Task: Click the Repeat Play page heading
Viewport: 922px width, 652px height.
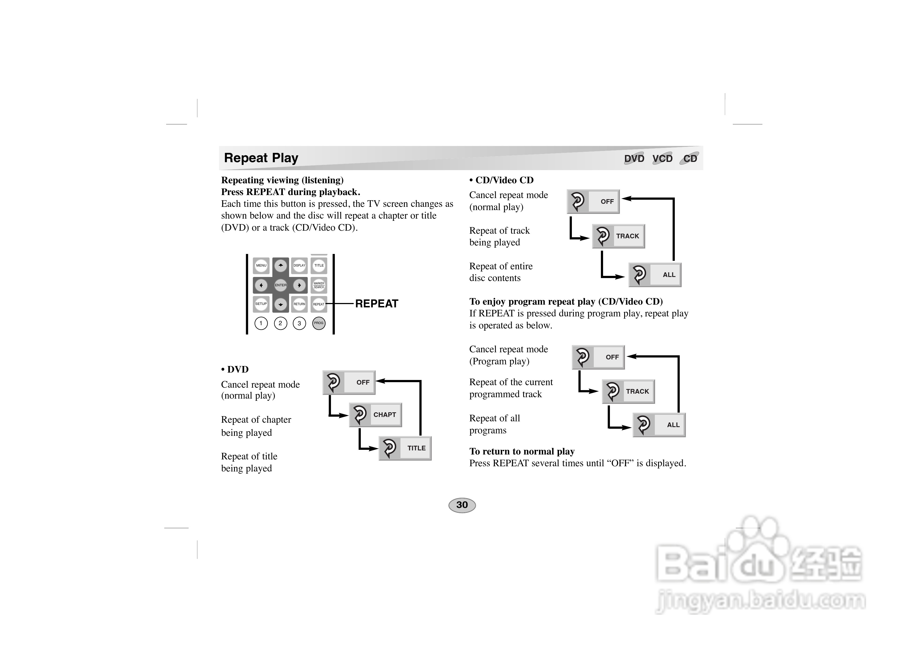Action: pyautogui.click(x=261, y=158)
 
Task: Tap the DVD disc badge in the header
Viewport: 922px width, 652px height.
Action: pyautogui.click(x=634, y=158)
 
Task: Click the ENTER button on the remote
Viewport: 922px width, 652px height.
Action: pyautogui.click(x=281, y=285)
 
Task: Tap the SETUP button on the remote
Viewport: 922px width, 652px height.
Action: pyautogui.click(x=261, y=304)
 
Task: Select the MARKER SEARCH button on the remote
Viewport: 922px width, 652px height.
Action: pyautogui.click(x=319, y=285)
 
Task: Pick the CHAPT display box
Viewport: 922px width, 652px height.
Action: pyautogui.click(x=376, y=415)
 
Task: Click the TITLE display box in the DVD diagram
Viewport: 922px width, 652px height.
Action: pyautogui.click(x=405, y=448)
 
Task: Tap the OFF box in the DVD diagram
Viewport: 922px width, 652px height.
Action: pyautogui.click(x=349, y=382)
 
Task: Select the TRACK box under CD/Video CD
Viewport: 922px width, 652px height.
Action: pyautogui.click(x=618, y=236)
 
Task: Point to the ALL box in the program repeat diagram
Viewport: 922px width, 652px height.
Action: pyautogui.click(x=659, y=425)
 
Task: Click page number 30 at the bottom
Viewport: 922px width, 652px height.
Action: pyautogui.click(x=462, y=505)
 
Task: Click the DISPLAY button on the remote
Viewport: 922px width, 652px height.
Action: pyautogui.click(x=299, y=265)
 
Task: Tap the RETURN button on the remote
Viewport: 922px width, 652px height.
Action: pyautogui.click(x=299, y=304)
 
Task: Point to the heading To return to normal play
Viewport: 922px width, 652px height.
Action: pyautogui.click(x=522, y=451)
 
